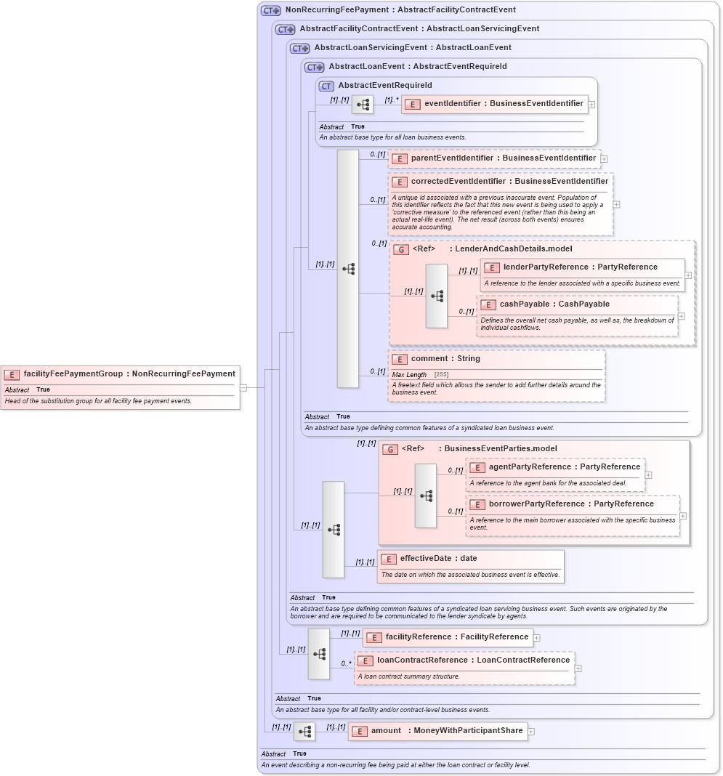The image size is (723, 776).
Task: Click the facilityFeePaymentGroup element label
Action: click(x=129, y=374)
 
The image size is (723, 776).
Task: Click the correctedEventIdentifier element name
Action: click(x=509, y=182)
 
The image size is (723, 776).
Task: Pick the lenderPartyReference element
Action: click(x=580, y=267)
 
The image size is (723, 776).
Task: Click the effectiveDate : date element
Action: click(x=438, y=559)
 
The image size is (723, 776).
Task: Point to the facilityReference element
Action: click(x=456, y=637)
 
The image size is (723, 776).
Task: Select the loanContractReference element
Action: click(x=473, y=660)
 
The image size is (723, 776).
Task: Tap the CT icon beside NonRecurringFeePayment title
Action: click(x=271, y=10)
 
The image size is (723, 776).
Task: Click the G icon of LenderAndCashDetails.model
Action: click(x=401, y=249)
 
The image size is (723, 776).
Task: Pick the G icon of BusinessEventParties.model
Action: click(x=390, y=449)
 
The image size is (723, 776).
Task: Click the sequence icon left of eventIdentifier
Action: click(x=363, y=105)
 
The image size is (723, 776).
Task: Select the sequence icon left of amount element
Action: click(x=304, y=732)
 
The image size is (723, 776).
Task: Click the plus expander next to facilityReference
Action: click(x=537, y=638)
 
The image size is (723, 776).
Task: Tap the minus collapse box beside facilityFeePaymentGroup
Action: click(x=243, y=388)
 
